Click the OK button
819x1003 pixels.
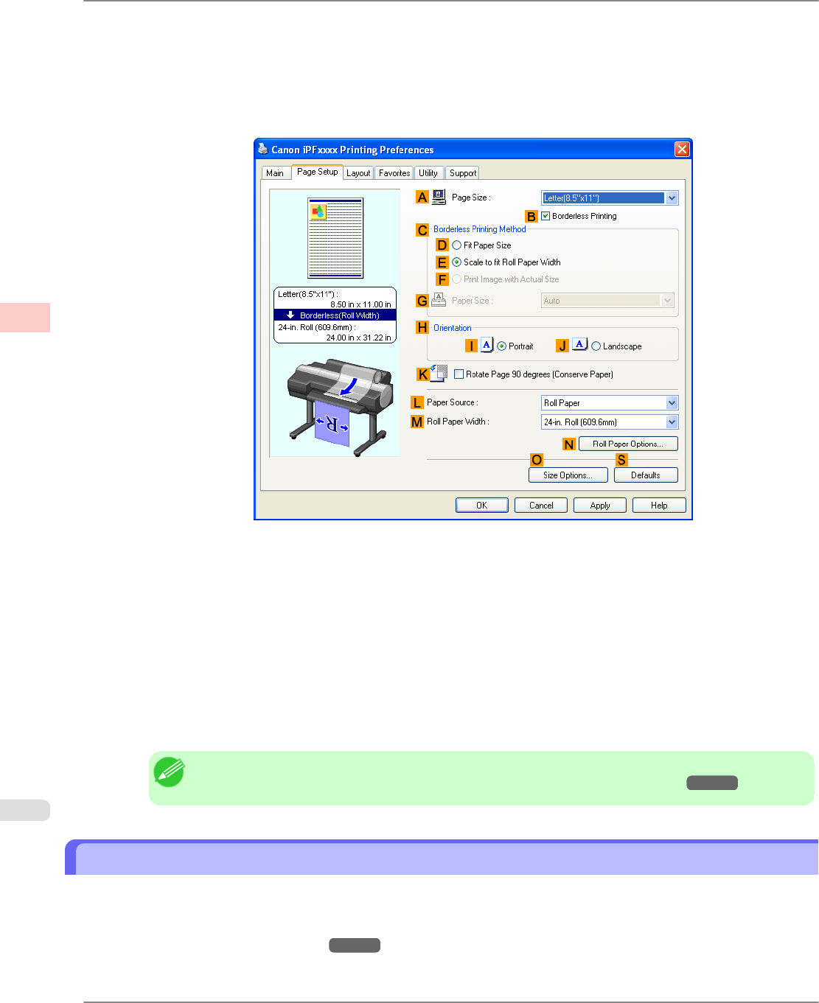click(x=481, y=506)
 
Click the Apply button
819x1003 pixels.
click(x=599, y=506)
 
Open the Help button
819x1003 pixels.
click(x=659, y=506)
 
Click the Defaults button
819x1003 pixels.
click(x=645, y=475)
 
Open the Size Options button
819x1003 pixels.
click(x=568, y=475)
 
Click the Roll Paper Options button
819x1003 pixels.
click(x=627, y=444)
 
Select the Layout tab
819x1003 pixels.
click(x=358, y=173)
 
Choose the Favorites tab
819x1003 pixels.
click(x=394, y=173)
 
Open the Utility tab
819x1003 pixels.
click(x=428, y=173)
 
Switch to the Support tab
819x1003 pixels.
click(x=463, y=173)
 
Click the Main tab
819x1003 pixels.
click(x=275, y=173)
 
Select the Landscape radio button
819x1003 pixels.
click(x=596, y=346)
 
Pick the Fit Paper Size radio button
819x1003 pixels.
click(x=457, y=245)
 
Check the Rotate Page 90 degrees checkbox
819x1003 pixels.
click(x=459, y=374)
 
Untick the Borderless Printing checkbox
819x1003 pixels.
click(x=546, y=216)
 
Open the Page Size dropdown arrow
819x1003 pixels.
click(x=672, y=198)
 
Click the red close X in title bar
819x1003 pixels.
click(x=682, y=150)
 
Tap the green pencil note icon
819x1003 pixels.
click(x=169, y=772)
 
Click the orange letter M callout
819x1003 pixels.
click(x=417, y=422)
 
